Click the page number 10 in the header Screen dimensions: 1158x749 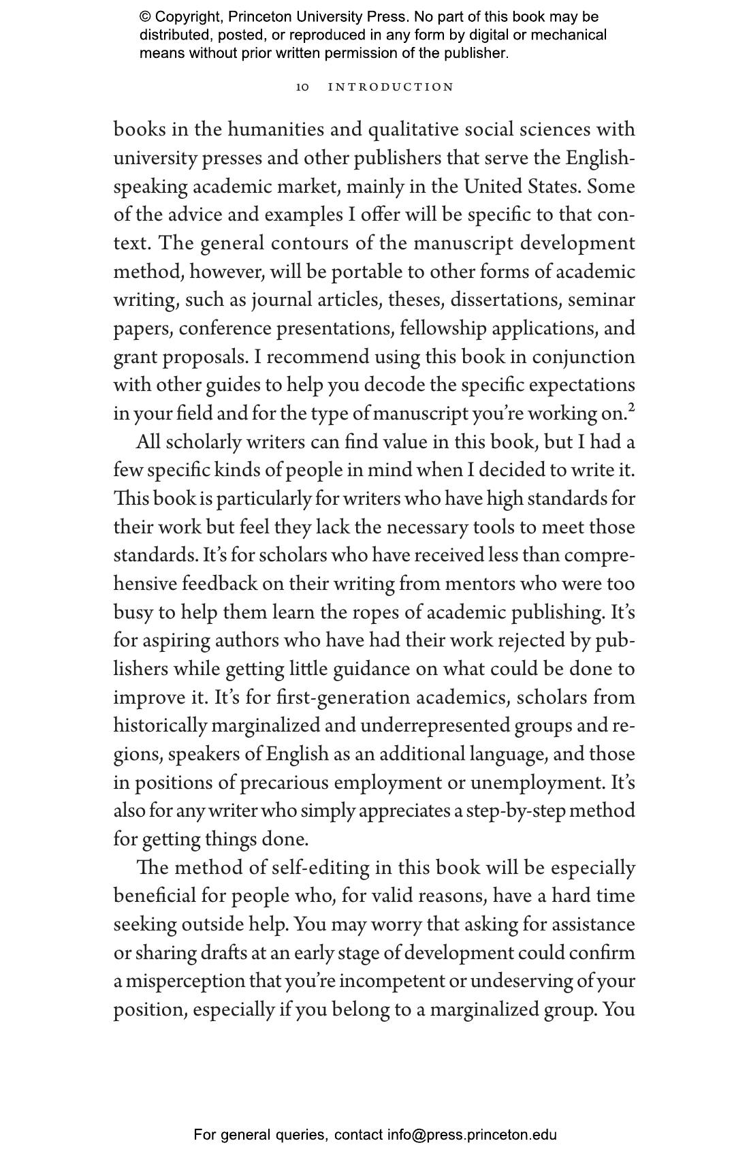303,87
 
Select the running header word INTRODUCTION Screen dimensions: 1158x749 391,87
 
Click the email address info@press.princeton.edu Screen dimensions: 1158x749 472,1135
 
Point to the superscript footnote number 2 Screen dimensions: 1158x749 631,408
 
